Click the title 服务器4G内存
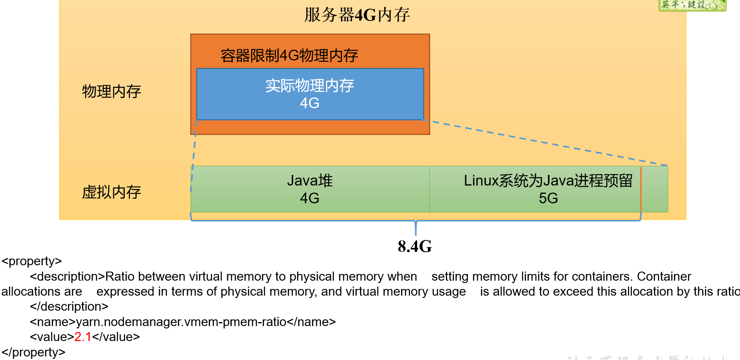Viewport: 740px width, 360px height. (x=357, y=15)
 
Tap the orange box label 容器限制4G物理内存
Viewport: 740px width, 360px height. (x=289, y=56)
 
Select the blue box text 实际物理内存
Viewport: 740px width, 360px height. (x=310, y=86)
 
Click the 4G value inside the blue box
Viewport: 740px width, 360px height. (x=310, y=103)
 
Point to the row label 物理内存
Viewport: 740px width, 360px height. (x=112, y=92)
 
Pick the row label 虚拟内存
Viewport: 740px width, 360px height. (x=112, y=192)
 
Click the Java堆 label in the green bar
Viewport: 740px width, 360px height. (x=310, y=181)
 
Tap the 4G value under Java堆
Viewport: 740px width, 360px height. (x=310, y=198)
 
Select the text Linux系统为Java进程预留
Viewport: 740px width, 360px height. (x=548, y=181)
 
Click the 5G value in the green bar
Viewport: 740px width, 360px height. (x=548, y=198)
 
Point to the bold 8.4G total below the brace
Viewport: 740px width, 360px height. (x=415, y=247)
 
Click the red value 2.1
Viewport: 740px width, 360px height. (x=83, y=337)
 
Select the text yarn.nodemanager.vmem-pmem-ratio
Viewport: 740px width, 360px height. (x=181, y=322)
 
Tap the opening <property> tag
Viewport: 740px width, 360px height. (x=32, y=261)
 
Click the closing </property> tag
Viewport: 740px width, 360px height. (x=34, y=352)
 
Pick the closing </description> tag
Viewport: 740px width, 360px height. (x=69, y=307)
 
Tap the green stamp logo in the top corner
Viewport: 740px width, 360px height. (x=692, y=5)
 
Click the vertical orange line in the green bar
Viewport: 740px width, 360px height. (x=641, y=189)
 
